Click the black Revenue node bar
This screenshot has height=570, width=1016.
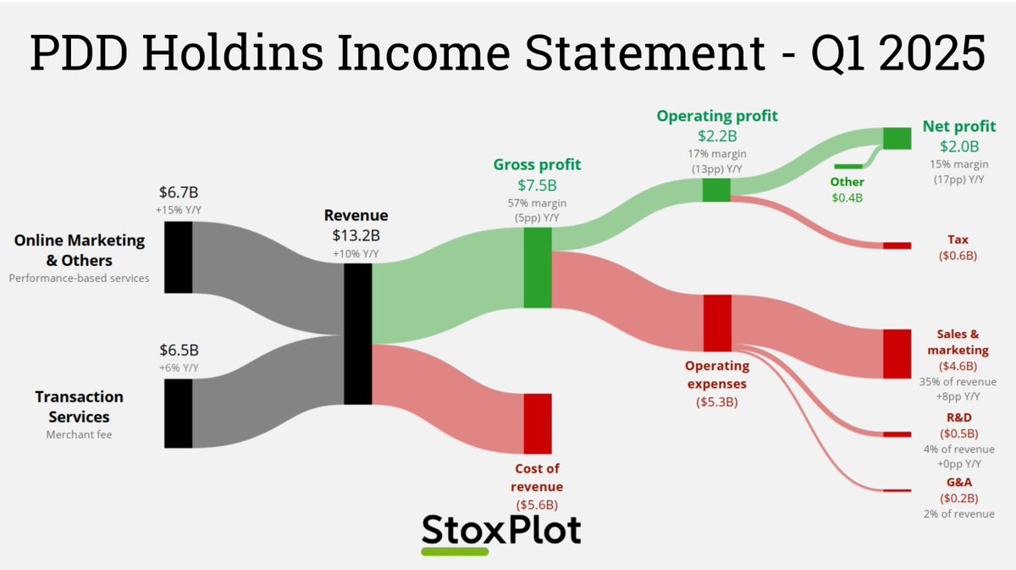point(357,334)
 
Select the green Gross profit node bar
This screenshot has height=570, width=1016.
point(537,268)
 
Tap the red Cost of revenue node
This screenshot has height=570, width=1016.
point(537,423)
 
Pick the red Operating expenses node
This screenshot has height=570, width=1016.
point(716,323)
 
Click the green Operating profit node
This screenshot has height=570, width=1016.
point(716,190)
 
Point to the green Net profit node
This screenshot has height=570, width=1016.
point(897,138)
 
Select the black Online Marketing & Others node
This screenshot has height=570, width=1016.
point(178,257)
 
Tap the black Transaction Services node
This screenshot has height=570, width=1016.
point(178,412)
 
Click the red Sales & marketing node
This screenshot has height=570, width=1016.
point(897,353)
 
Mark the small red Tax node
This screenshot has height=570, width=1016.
point(897,246)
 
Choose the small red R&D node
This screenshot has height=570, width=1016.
point(897,434)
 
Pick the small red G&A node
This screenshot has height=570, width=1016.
point(897,490)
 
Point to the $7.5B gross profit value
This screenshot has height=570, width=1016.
point(537,185)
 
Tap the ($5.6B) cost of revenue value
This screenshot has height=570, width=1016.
point(537,505)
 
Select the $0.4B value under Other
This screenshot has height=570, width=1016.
point(848,198)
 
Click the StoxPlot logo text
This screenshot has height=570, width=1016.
point(501,529)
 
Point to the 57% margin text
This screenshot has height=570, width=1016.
point(537,203)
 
